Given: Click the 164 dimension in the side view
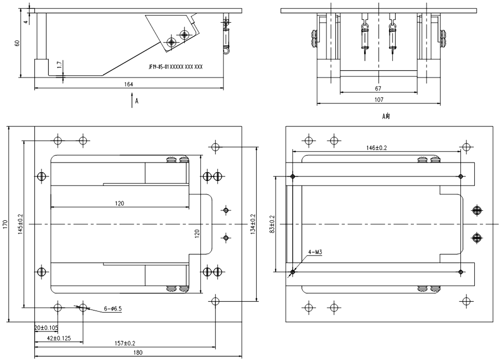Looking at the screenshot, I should click(x=129, y=85).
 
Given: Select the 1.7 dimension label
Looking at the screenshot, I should click(x=60, y=65).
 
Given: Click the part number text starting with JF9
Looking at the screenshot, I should click(x=175, y=66).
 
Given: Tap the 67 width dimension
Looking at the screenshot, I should click(x=378, y=89).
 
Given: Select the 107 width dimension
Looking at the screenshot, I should click(x=379, y=100).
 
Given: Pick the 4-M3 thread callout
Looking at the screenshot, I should click(x=315, y=252).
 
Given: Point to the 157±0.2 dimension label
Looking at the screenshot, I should click(x=124, y=343).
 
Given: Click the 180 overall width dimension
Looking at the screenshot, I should click(x=138, y=353).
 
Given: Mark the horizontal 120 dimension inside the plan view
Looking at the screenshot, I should click(x=119, y=203).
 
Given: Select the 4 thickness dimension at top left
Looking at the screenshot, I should click(x=25, y=20).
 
